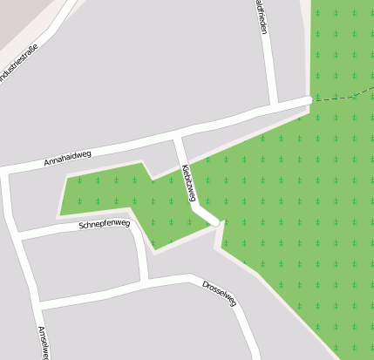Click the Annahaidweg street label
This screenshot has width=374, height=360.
click(67, 158)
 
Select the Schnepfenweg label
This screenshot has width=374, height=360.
click(104, 224)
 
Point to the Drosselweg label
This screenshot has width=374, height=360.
click(219, 294)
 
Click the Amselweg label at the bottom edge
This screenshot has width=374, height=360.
click(44, 343)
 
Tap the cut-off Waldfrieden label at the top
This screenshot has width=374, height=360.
click(262, 17)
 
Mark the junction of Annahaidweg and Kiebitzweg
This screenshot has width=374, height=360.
click(177, 138)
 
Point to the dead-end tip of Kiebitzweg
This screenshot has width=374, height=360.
click(214, 222)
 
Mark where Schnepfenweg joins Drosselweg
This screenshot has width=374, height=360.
click(146, 281)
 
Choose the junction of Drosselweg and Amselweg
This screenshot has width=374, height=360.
click(37, 304)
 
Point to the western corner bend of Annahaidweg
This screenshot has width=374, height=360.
click(6, 171)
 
